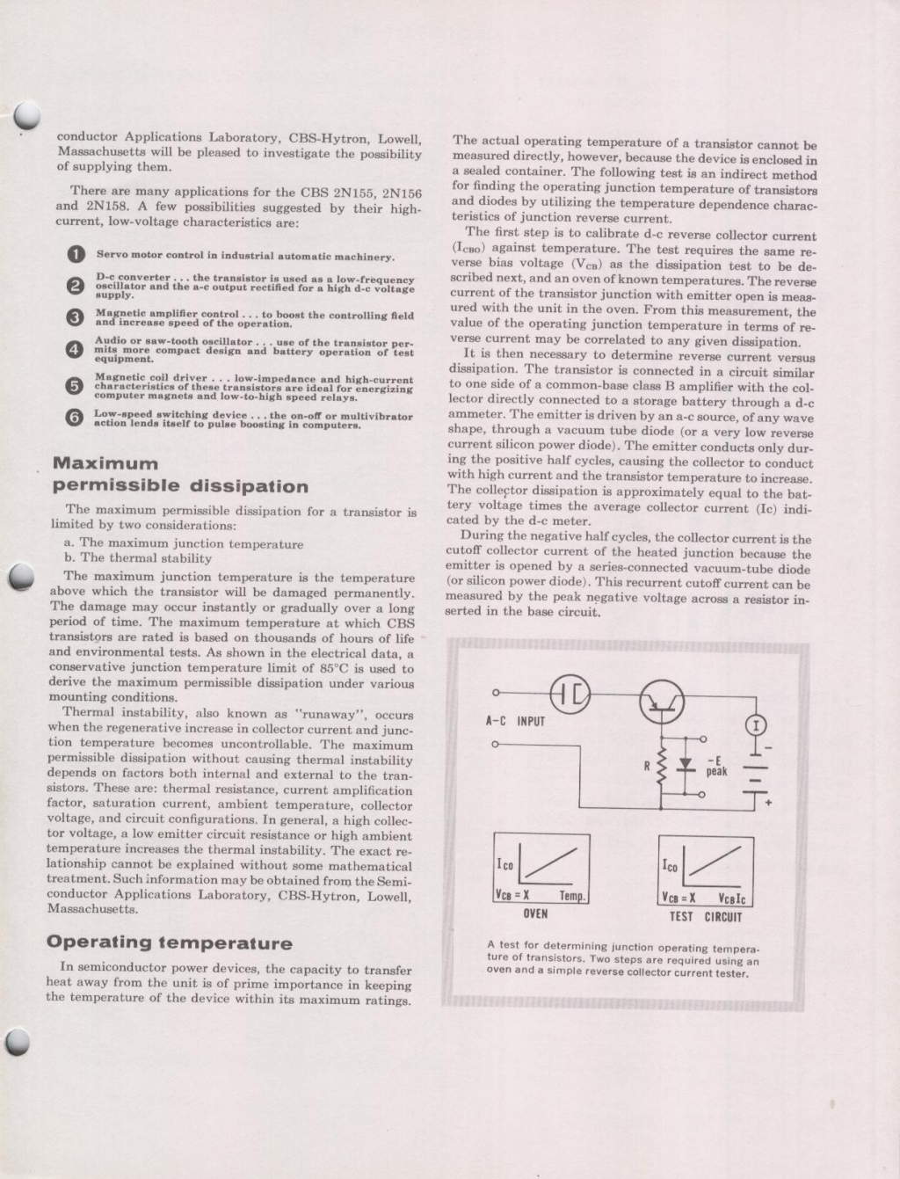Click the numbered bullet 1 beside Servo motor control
(76, 255)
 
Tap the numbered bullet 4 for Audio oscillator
(75, 349)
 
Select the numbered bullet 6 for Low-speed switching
(75, 418)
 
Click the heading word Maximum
(105, 463)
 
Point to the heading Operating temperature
(169, 942)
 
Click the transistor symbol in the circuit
(662, 700)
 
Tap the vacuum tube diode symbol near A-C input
(570, 695)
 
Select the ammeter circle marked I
(755, 725)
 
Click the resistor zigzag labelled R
(662, 766)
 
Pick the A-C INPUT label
(516, 721)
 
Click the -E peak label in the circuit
(717, 766)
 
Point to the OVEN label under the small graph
(535, 913)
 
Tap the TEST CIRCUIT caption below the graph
(705, 916)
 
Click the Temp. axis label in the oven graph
(572, 897)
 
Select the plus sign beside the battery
(768, 803)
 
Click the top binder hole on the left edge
(27, 115)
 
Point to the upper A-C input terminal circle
(496, 693)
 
